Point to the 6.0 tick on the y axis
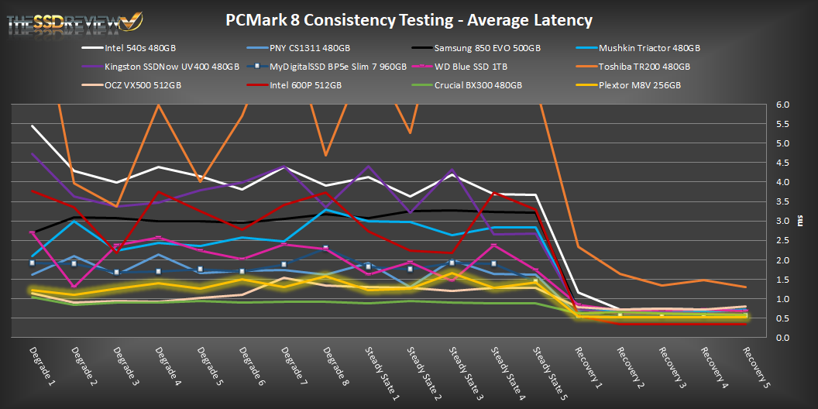point(784,105)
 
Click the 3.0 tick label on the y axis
point(784,221)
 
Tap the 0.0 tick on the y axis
point(784,338)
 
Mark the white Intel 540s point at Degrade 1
point(32,125)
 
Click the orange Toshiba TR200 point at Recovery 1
point(577,246)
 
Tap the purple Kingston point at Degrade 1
point(32,153)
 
